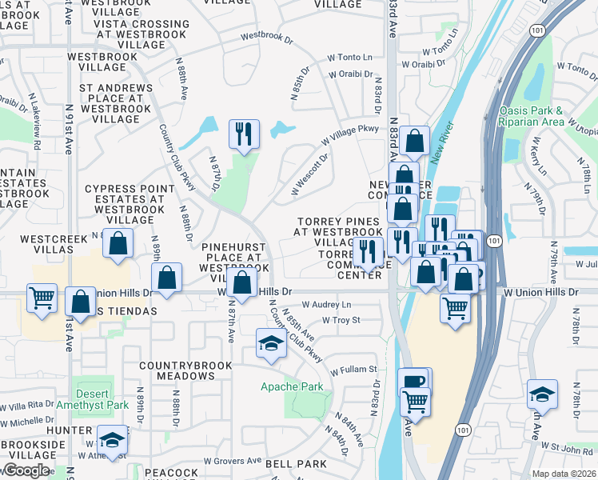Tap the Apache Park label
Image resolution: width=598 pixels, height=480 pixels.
point(293,386)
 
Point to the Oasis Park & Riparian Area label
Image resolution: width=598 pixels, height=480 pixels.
point(532,116)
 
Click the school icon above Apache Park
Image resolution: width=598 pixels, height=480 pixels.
point(271,343)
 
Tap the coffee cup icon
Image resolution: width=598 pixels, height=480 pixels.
point(413,382)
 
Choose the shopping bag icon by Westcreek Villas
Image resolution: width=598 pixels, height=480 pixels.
point(118,246)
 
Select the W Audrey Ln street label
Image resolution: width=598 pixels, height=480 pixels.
point(326,305)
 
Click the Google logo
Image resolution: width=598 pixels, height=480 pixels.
point(26,470)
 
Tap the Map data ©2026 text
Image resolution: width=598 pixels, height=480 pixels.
point(564,474)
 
